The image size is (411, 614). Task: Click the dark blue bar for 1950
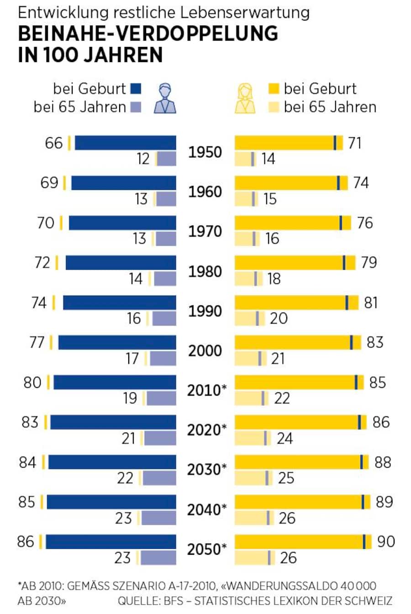125,143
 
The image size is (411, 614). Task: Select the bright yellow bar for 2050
299,542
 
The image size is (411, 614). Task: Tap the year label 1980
205,271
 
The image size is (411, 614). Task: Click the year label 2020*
207,430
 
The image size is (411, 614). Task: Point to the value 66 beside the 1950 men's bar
53,143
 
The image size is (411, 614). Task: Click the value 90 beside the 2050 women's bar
386,542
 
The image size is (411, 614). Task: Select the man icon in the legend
165,98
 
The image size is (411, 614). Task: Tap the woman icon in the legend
245,98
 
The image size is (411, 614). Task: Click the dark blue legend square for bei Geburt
136,88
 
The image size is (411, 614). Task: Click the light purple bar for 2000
163,359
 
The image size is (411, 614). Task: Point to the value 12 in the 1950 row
143,159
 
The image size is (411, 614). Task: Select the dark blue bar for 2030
112,462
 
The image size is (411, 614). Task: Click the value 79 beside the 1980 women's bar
369,263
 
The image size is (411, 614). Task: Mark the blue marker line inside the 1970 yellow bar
341,223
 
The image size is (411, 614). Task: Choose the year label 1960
205,191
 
